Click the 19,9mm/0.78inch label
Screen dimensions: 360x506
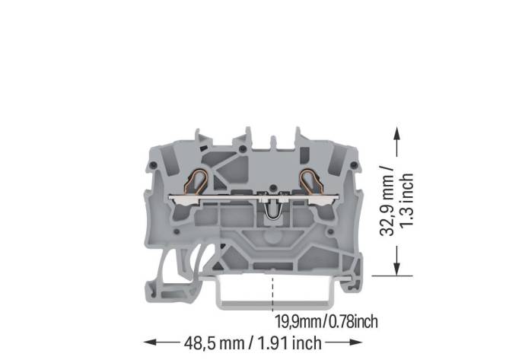pos(326,321)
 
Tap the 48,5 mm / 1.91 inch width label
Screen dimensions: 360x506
pos(252,342)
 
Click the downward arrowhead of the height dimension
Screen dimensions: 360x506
pos(396,268)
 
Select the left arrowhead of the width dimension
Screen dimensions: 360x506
pos(150,342)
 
